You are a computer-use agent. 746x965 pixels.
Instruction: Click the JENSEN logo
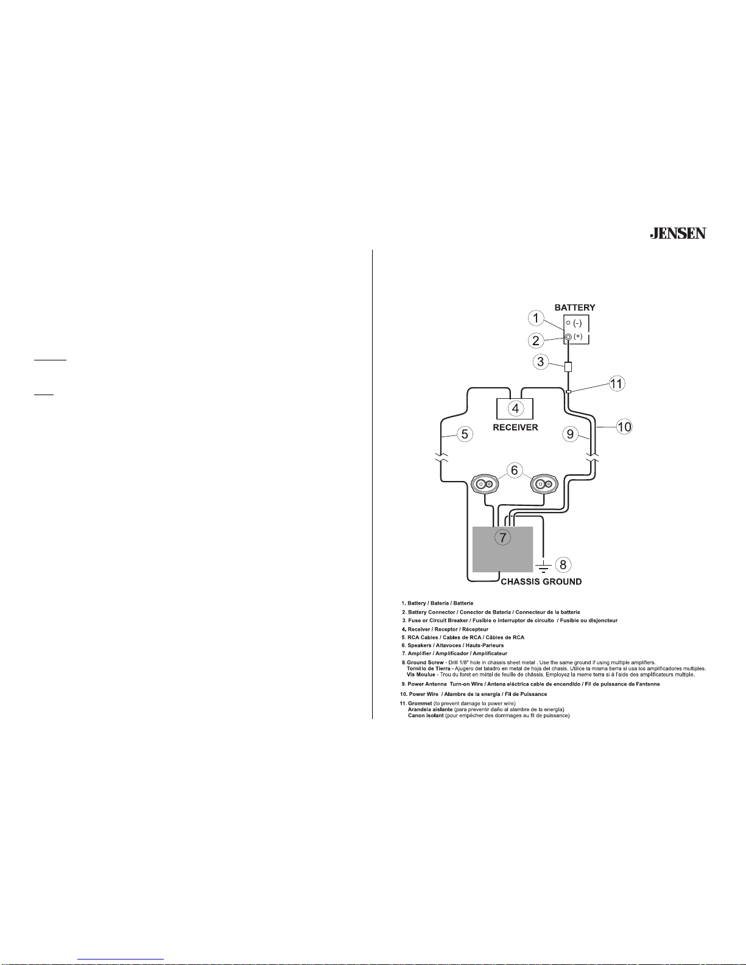click(x=677, y=233)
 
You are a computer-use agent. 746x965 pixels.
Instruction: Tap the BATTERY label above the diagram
click(x=574, y=307)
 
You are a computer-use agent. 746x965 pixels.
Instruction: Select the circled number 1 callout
click(x=536, y=318)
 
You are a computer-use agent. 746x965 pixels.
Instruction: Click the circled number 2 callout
click(x=536, y=340)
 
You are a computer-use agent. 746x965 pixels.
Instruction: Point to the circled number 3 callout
click(x=540, y=362)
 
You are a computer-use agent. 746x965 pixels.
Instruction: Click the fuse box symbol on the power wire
click(x=568, y=367)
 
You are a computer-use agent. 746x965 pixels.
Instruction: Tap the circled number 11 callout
click(x=616, y=384)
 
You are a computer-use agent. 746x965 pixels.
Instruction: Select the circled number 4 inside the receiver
click(x=515, y=408)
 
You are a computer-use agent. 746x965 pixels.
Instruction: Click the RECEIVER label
click(x=515, y=427)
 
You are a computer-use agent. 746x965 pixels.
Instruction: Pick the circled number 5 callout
click(x=465, y=434)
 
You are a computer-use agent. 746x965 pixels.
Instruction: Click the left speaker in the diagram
click(x=487, y=485)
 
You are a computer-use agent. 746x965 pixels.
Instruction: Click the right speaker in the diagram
click(x=543, y=485)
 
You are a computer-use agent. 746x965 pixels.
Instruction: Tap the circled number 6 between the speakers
click(x=515, y=470)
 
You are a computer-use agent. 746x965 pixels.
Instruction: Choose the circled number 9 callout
click(x=570, y=433)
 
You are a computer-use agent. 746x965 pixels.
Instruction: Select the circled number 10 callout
click(x=624, y=427)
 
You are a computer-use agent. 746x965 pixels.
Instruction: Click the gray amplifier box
click(x=503, y=550)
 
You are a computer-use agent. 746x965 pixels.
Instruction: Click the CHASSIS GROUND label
click(x=541, y=581)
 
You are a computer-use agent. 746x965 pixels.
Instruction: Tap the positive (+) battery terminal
click(x=568, y=337)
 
